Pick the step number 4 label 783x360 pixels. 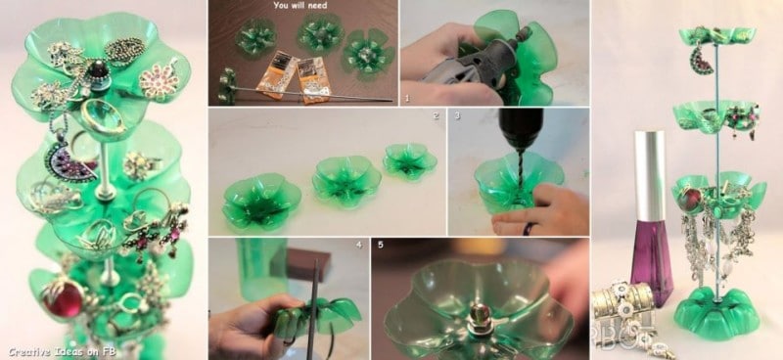(358, 244)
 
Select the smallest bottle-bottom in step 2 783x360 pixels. (409, 159)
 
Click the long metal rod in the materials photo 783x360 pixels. (294, 95)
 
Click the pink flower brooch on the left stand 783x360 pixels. (159, 78)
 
